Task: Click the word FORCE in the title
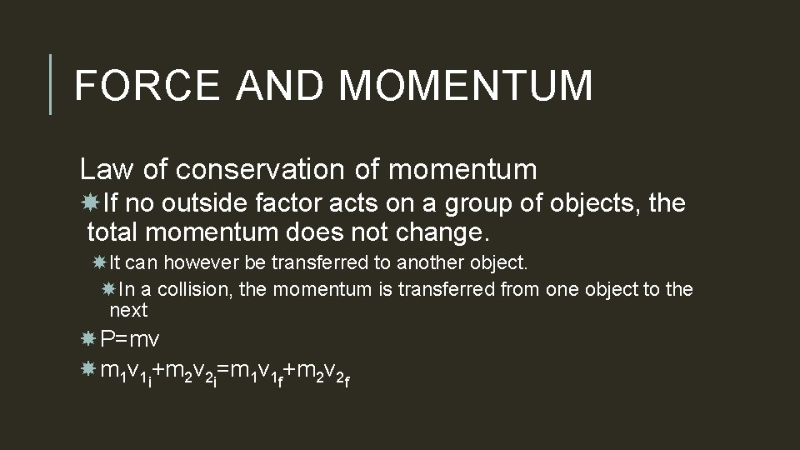tap(147, 86)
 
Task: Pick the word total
tap(116, 230)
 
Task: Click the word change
tap(445, 230)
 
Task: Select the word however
tap(202, 263)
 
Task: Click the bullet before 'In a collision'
tap(108, 289)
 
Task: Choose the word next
tap(128, 312)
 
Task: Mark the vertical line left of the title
tap(51, 85)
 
